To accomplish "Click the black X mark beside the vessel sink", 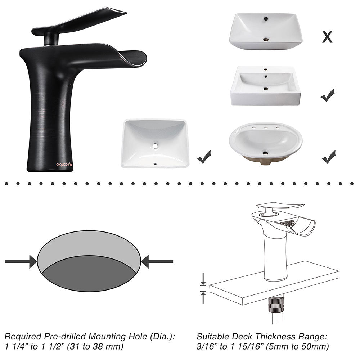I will (327, 36).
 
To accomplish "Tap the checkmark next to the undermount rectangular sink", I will (204, 157).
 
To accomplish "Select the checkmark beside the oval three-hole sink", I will (328, 157).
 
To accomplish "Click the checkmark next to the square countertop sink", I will (328, 95).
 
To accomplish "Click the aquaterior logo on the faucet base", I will (64, 165).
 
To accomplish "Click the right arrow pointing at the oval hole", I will (157, 261).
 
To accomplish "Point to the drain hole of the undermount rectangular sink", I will (155, 146).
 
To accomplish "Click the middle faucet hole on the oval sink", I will (265, 127).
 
